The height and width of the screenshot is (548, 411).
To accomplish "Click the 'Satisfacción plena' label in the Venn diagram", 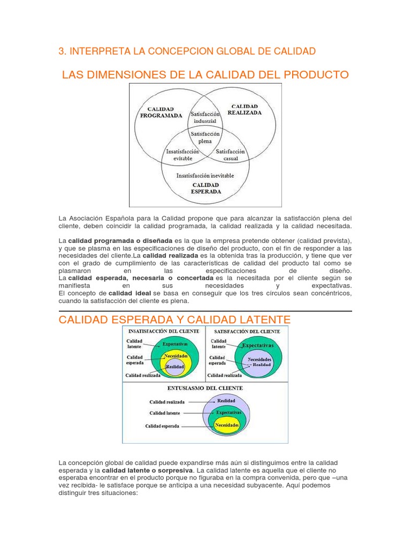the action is pyautogui.click(x=201, y=138).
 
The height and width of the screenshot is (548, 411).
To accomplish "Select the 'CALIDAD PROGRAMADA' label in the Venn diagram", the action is pyautogui.click(x=161, y=112).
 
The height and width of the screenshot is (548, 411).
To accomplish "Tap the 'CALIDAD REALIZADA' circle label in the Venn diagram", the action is pyautogui.click(x=245, y=110).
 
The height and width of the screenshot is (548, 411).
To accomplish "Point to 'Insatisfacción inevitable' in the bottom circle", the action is pyautogui.click(x=205, y=175).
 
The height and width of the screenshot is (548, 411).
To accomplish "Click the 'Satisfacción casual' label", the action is pyautogui.click(x=231, y=155).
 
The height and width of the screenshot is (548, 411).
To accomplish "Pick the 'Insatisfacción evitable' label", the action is pyautogui.click(x=182, y=155).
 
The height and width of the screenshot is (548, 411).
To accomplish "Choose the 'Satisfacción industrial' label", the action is pyautogui.click(x=205, y=117).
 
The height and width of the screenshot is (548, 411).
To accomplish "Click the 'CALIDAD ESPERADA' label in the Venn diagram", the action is pyautogui.click(x=206, y=187).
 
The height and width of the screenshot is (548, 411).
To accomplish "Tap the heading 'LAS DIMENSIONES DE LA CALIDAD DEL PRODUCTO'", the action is pyautogui.click(x=205, y=74).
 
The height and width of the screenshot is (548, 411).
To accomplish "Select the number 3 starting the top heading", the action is pyautogui.click(x=60, y=51).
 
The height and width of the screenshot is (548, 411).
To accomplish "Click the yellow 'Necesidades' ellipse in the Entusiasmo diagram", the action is pyautogui.click(x=226, y=425).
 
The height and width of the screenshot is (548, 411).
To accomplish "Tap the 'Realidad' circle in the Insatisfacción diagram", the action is pyautogui.click(x=175, y=367).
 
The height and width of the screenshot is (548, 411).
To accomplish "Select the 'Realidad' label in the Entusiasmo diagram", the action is pyautogui.click(x=226, y=400).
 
